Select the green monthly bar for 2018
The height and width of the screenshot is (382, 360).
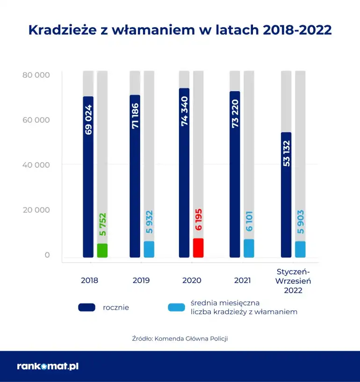pyautogui.click(x=102, y=251)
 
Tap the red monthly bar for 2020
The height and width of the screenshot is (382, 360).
pyautogui.click(x=198, y=248)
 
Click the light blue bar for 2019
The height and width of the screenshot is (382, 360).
pyautogui.click(x=149, y=249)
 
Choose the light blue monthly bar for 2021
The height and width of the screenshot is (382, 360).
pyautogui.click(x=249, y=248)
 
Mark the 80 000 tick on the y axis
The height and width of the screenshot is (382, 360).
pyautogui.click(x=36, y=75)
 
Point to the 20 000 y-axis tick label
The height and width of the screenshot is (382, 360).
pyautogui.click(x=36, y=210)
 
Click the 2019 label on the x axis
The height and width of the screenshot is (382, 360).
pyautogui.click(x=141, y=281)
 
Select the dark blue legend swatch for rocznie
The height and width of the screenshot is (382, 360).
pyautogui.click(x=87, y=307)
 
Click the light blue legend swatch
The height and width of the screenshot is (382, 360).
pyautogui.click(x=176, y=307)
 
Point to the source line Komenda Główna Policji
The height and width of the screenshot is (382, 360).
pyautogui.click(x=180, y=338)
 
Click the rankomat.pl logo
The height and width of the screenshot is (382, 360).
pyautogui.click(x=47, y=366)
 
